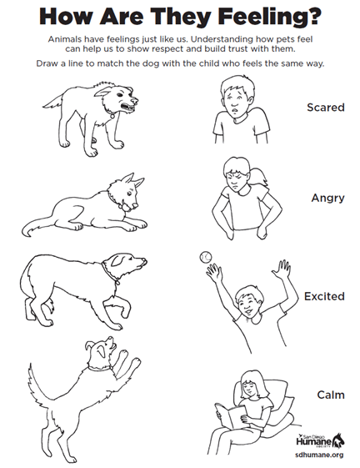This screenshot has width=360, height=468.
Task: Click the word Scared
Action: pos(325,108)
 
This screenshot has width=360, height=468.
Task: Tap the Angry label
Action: pos(327,199)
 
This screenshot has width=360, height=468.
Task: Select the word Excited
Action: pos(324,296)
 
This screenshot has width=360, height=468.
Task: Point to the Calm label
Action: pos(331,395)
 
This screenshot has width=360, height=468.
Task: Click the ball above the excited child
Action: pos(206,257)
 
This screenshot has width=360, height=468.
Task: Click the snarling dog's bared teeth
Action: pos(128,107)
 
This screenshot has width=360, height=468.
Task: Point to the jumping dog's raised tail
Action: pos(37,385)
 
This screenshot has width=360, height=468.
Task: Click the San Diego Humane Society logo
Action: pos(320,440)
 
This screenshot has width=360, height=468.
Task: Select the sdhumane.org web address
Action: pos(319,455)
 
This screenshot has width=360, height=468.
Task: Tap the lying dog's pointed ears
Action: pos(131,181)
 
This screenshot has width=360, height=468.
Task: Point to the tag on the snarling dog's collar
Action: pos(112,115)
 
